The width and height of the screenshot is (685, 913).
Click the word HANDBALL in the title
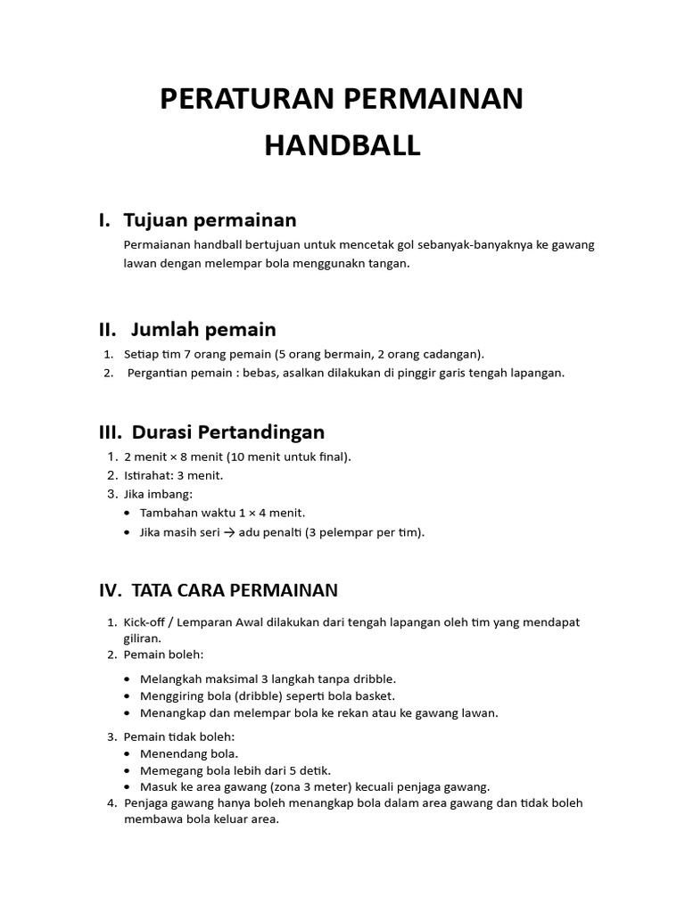(342, 145)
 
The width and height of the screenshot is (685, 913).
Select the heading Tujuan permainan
(210, 219)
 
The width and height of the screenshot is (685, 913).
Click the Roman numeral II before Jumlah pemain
(107, 330)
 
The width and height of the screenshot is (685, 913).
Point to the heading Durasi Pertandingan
(227, 432)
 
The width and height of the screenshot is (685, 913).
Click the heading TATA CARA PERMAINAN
(234, 590)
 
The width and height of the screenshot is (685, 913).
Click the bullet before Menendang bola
(131, 754)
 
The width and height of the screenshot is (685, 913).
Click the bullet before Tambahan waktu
(131, 514)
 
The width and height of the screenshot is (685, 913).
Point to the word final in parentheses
(333, 456)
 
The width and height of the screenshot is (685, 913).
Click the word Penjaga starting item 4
(147, 803)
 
